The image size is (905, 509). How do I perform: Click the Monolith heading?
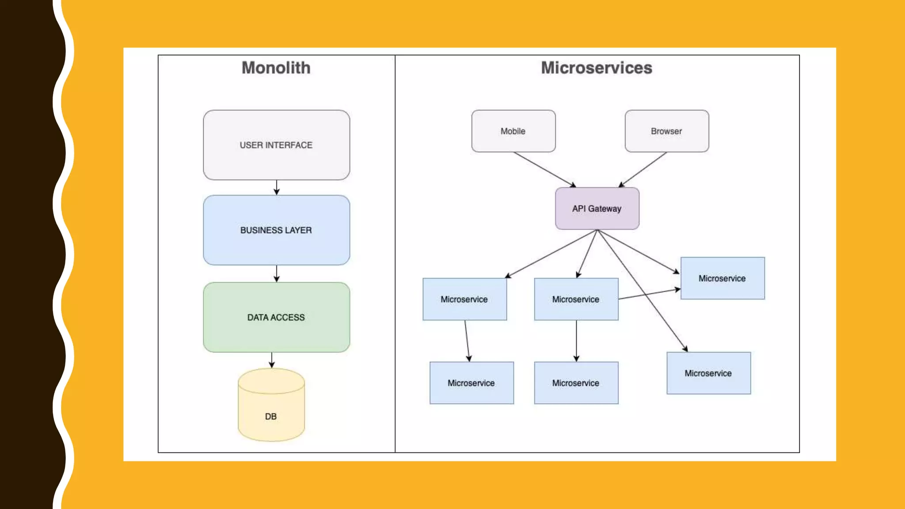tap(276, 68)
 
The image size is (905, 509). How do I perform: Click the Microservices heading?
tap(596, 68)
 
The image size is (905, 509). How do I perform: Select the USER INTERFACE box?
tap(276, 145)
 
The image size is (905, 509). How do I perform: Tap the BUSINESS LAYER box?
tap(276, 230)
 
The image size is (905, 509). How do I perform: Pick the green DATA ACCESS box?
tap(276, 317)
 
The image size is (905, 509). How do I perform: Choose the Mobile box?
tap(513, 131)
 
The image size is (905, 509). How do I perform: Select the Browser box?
tap(666, 131)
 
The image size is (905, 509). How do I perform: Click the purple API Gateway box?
tap(597, 209)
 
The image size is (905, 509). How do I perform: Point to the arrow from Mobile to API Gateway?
tap(544, 169)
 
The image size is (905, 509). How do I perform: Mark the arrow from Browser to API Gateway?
tap(643, 169)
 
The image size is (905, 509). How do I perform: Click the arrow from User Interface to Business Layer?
tap(277, 187)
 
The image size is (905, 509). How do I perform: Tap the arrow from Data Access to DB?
tap(272, 360)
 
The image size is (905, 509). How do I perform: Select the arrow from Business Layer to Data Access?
tap(277, 273)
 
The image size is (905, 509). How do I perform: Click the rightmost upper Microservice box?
tap(722, 278)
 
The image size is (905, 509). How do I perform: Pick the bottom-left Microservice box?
tap(471, 383)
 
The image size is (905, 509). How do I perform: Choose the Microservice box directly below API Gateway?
tap(575, 299)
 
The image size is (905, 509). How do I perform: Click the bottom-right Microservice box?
tap(708, 373)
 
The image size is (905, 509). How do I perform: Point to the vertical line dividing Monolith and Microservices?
tap(395, 265)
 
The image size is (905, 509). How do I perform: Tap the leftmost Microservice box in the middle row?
tap(464, 299)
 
